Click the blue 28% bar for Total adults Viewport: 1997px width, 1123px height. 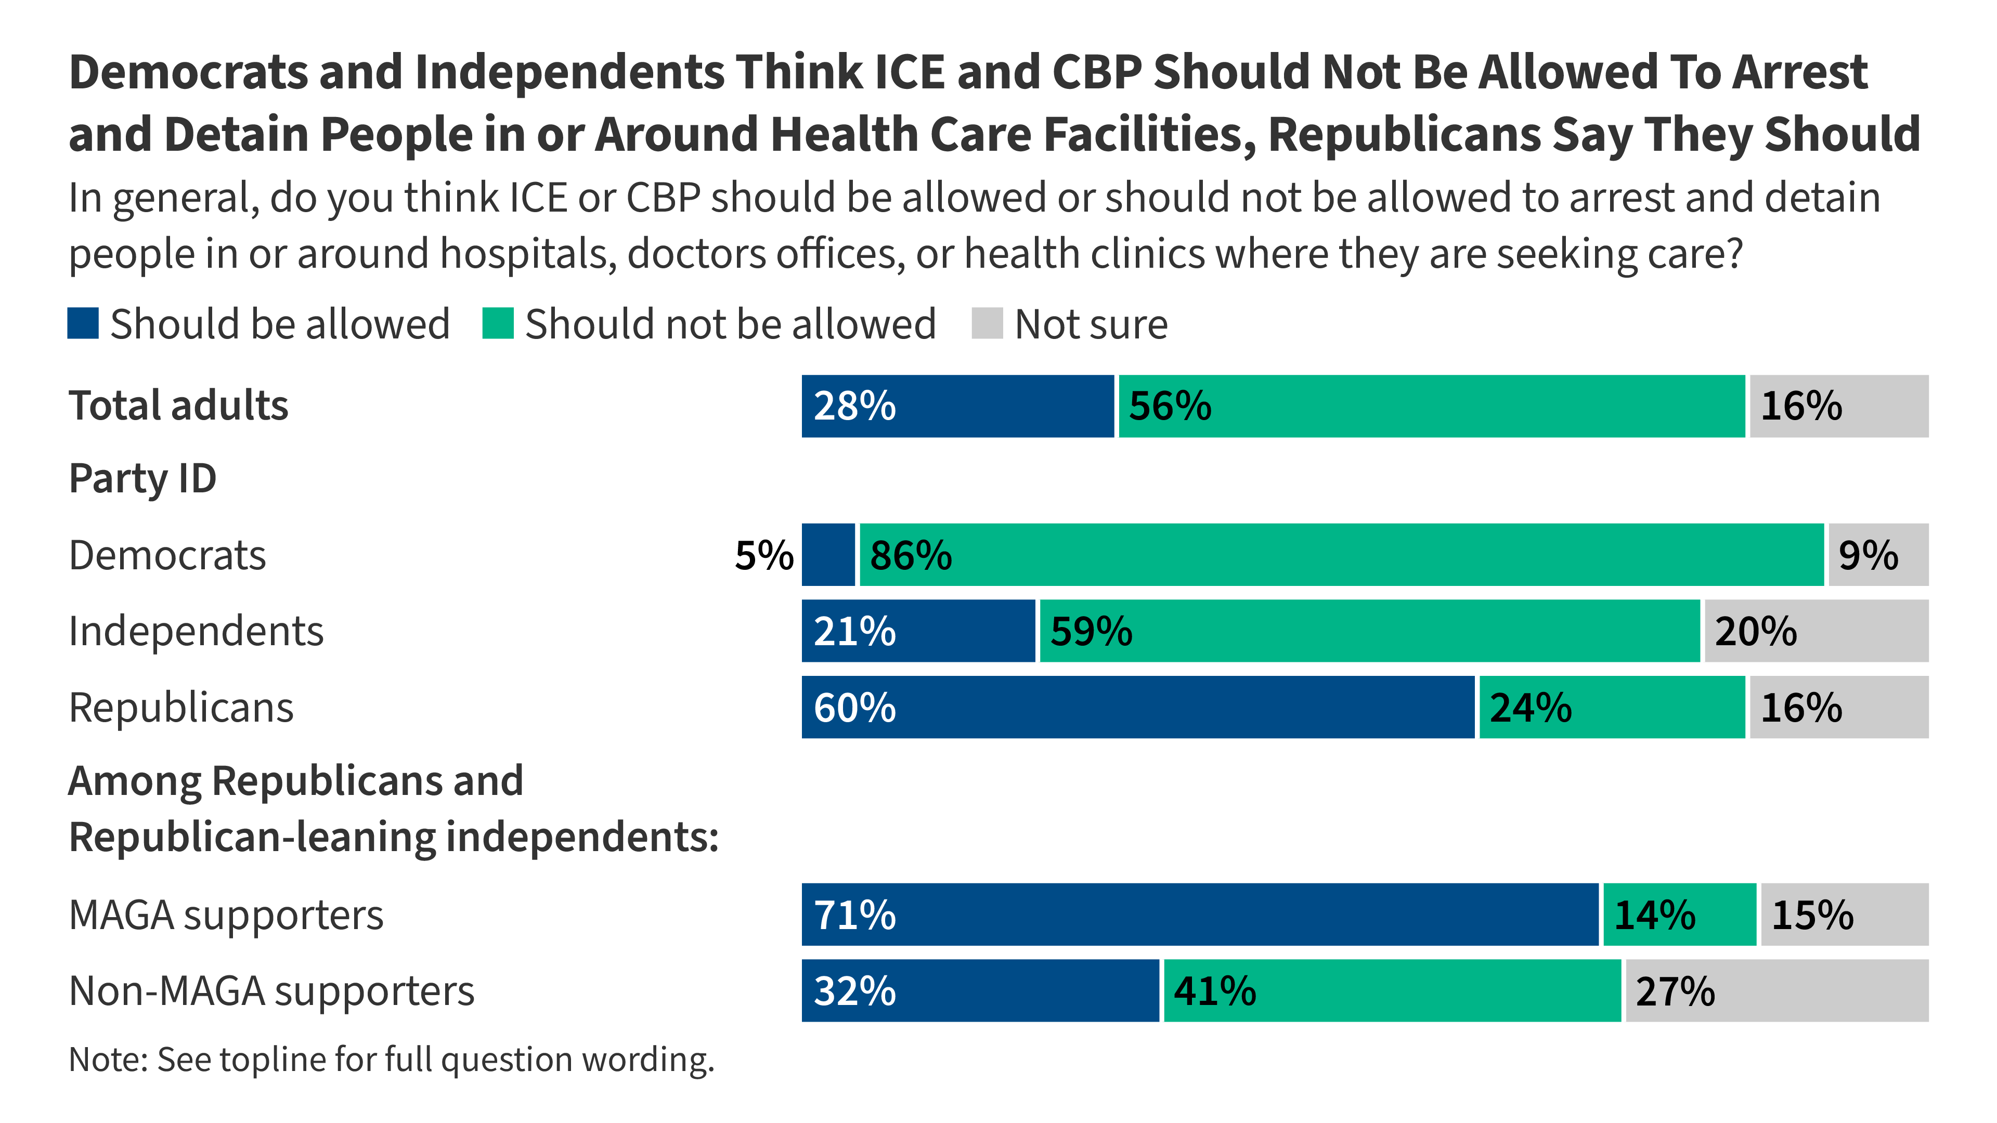[957, 406]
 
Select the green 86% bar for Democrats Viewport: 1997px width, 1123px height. [1341, 555]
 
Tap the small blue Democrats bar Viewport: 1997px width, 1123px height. [828, 555]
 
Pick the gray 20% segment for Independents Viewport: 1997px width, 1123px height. [1816, 631]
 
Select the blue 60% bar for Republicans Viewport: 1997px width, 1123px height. [1137, 707]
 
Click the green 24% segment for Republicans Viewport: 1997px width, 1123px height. [1612, 707]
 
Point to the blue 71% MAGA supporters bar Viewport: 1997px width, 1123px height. [1199, 915]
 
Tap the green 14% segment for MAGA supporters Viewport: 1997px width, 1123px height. [1679, 915]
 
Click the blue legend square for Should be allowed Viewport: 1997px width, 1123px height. [83, 323]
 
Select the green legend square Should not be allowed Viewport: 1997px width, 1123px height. [498, 323]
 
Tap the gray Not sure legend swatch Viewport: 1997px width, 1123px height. [987, 323]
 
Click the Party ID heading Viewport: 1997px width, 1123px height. [142, 478]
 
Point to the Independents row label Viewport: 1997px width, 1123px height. [196, 631]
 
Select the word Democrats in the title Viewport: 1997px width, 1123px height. [188, 72]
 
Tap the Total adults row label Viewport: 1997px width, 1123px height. [178, 406]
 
